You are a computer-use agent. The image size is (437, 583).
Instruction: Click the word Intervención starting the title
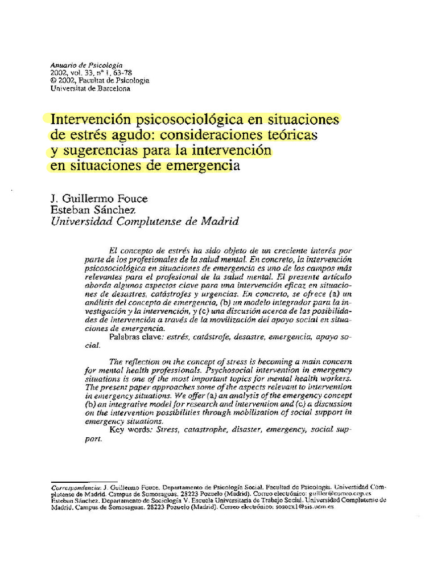[89, 120]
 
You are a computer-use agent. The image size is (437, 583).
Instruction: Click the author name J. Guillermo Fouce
[100, 199]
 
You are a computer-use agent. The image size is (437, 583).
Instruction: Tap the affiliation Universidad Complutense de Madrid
[145, 221]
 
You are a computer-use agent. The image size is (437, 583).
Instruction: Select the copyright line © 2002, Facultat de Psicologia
[100, 81]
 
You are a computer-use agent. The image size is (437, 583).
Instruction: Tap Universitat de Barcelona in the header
[90, 89]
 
